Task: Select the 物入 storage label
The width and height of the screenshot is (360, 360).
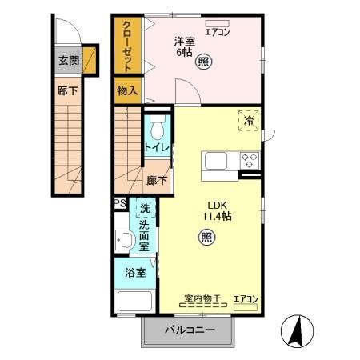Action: pos(127,90)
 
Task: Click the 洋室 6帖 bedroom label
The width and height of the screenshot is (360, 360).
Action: pos(186,46)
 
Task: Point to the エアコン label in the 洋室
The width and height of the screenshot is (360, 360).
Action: pos(217,33)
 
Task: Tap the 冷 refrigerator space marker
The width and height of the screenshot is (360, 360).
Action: pos(249,120)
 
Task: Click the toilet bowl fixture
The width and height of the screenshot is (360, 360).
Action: pos(156,128)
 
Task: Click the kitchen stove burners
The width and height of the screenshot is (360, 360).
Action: pos(250,158)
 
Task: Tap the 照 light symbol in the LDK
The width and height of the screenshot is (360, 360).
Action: pos(206,237)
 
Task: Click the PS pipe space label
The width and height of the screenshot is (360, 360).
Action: pos(119,203)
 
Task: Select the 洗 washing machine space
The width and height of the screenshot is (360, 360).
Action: pos(145,208)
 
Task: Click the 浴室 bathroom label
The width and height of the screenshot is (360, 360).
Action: pos(134,273)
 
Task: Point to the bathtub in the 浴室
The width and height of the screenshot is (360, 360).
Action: pos(134,302)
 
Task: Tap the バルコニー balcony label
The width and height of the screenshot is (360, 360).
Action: pos(190,330)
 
